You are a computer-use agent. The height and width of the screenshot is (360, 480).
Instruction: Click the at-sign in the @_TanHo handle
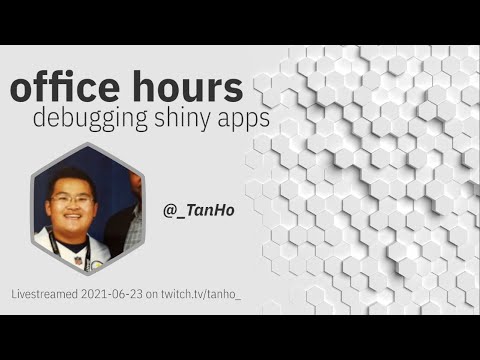pyautogui.click(x=169, y=211)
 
